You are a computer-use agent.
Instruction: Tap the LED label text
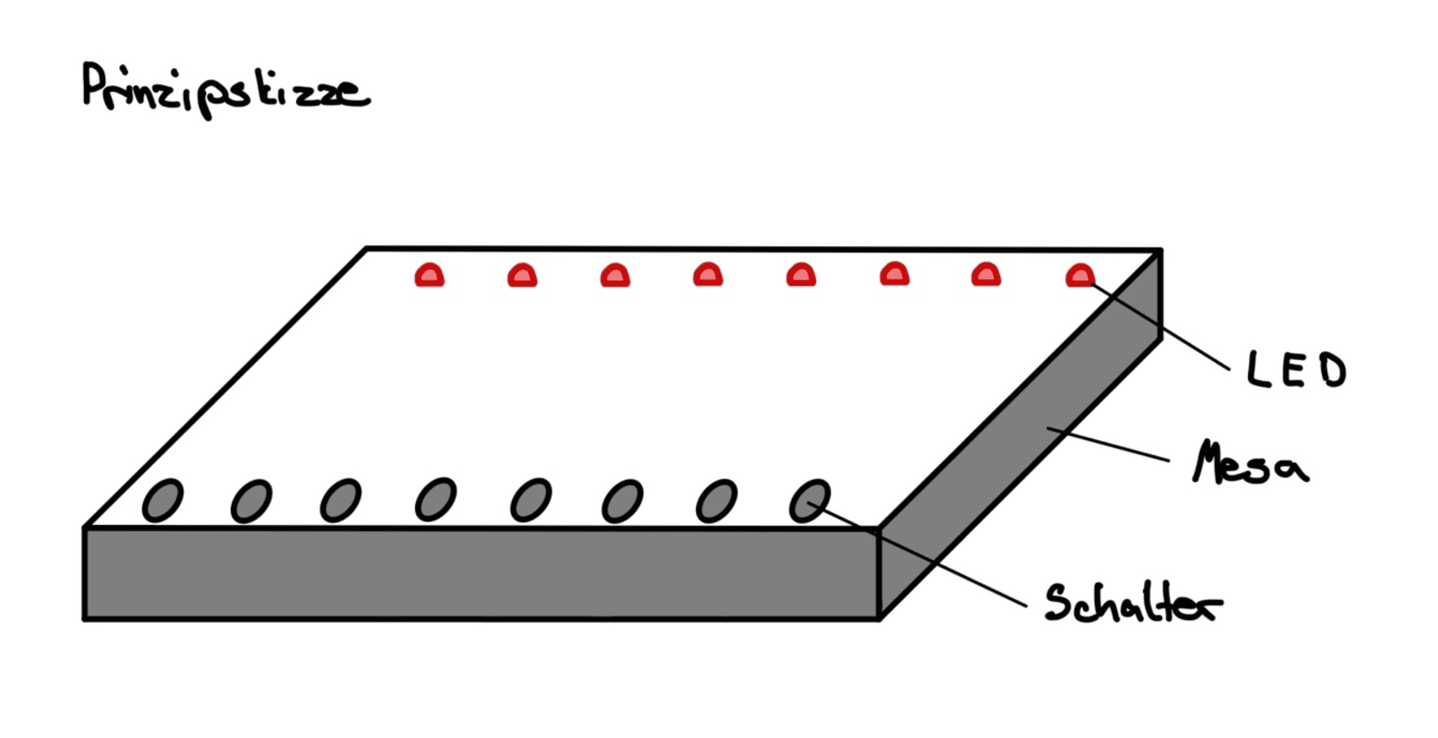[x=1297, y=370]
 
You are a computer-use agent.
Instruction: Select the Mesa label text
[x=1250, y=463]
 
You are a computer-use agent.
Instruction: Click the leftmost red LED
[x=430, y=275]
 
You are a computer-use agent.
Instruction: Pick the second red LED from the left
[x=522, y=275]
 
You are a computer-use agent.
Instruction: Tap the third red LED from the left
[x=615, y=275]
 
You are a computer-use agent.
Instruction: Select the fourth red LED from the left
[x=708, y=275]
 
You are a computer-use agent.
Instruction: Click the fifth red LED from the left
[x=801, y=275]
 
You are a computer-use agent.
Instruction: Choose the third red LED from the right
[x=894, y=274]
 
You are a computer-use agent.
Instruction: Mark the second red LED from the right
[x=986, y=275]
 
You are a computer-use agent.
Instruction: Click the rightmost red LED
[x=1080, y=275]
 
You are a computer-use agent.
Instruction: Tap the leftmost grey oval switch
[x=162, y=501]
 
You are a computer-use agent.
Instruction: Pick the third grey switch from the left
[x=341, y=501]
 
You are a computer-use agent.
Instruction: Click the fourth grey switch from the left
[x=436, y=500]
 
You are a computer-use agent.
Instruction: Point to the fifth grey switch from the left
[x=531, y=500]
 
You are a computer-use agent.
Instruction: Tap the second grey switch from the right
[x=717, y=501]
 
